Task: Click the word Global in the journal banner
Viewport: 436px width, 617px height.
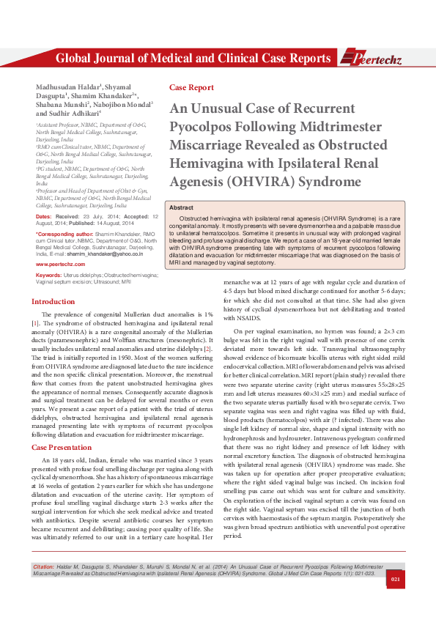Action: point(74,59)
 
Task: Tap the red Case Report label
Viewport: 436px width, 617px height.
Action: point(186,87)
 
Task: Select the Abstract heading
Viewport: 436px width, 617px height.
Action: point(181,208)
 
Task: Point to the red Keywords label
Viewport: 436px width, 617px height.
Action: point(48,273)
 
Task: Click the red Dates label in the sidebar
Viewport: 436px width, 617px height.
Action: point(43,217)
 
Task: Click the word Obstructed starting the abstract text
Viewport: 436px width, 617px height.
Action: point(194,219)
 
